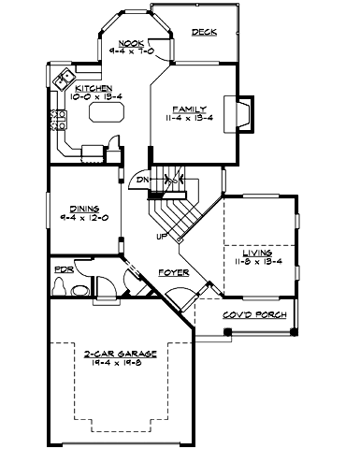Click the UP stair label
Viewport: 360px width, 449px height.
[161, 236]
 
